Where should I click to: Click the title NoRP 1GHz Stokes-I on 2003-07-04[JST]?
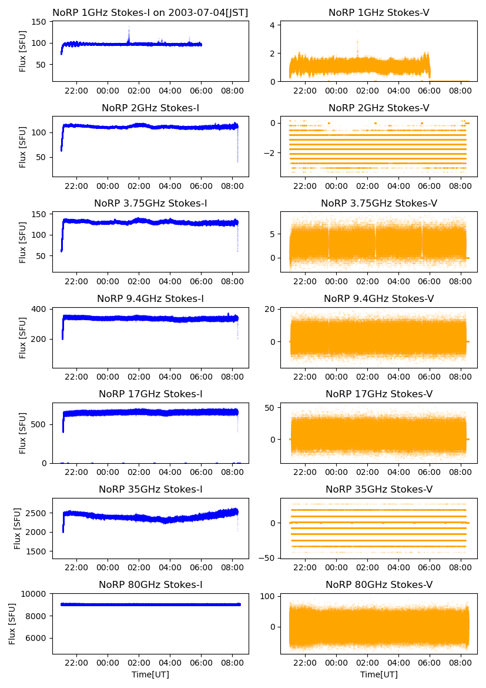click(x=150, y=12)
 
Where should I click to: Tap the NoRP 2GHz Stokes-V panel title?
click(x=378, y=108)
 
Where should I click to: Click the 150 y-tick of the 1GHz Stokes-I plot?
click(x=40, y=22)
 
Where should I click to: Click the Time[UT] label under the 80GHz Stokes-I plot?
click(x=150, y=674)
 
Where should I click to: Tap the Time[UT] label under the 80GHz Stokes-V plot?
click(x=378, y=674)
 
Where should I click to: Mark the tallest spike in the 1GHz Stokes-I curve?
click(x=129, y=28)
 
